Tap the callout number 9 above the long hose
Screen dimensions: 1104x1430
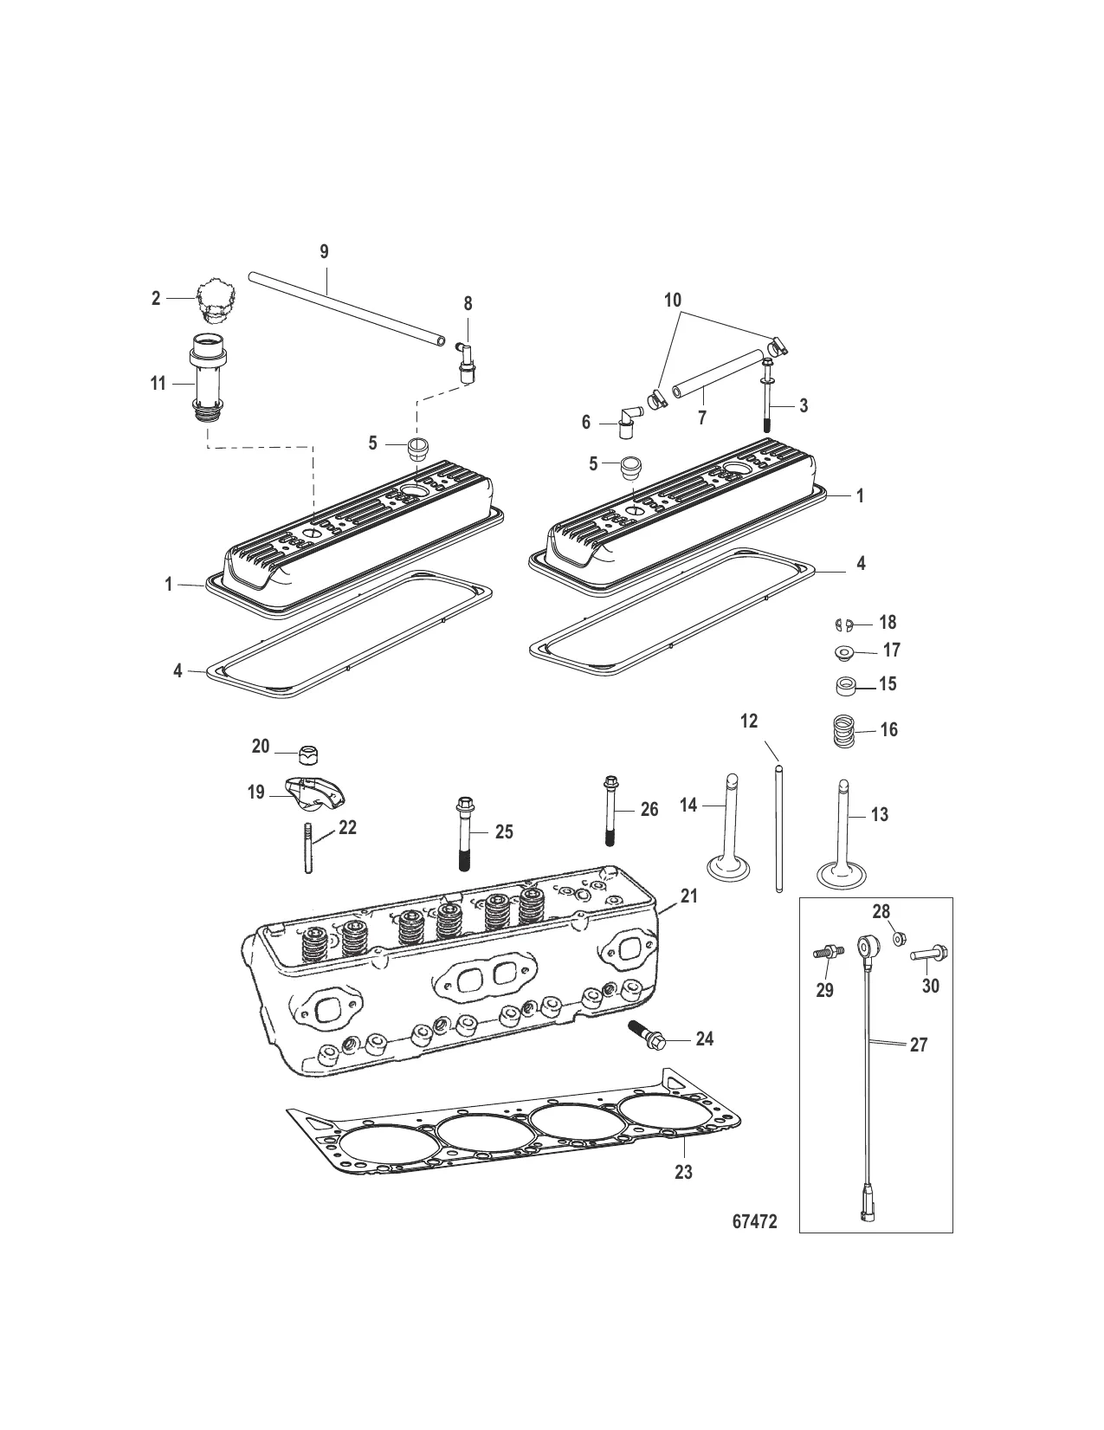[x=325, y=252]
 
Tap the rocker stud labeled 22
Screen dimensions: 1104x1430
[x=307, y=848]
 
